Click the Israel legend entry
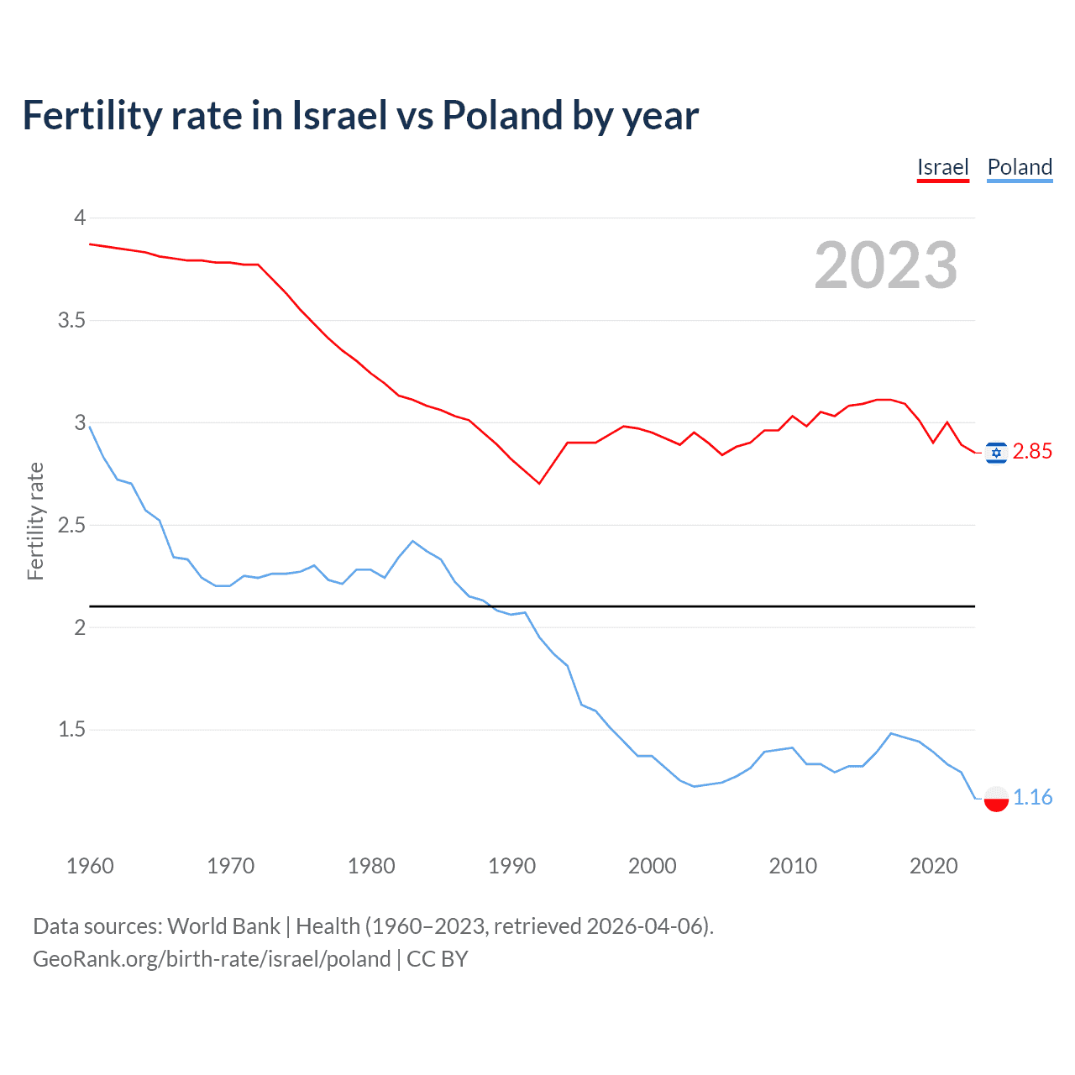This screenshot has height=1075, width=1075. click(x=942, y=167)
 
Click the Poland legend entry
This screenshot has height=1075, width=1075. click(x=1020, y=167)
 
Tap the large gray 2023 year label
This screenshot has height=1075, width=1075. click(x=885, y=265)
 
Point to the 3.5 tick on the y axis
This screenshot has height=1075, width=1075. click(x=71, y=320)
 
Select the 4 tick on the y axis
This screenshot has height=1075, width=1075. click(x=80, y=218)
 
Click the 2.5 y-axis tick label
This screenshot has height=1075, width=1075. click(x=71, y=525)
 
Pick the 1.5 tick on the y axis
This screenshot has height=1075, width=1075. click(x=71, y=730)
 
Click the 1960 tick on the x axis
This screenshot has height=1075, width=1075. click(x=90, y=866)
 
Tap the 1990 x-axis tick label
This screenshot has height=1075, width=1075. click(x=511, y=866)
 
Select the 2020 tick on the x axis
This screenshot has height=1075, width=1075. click(x=933, y=866)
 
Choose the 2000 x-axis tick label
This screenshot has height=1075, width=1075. click(x=652, y=866)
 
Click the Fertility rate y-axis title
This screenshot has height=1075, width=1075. click(x=35, y=521)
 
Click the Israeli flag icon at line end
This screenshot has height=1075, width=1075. click(x=996, y=453)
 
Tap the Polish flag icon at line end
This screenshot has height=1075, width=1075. click(x=996, y=799)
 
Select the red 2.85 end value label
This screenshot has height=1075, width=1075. click(x=1032, y=452)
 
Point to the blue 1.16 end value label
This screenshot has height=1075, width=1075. click(x=1032, y=798)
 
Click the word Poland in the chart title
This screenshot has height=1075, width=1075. click(x=502, y=115)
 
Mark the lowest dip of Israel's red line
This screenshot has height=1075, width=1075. click(x=539, y=483)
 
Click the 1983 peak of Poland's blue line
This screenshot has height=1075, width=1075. click(x=412, y=541)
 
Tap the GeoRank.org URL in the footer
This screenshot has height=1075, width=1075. click(x=212, y=959)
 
